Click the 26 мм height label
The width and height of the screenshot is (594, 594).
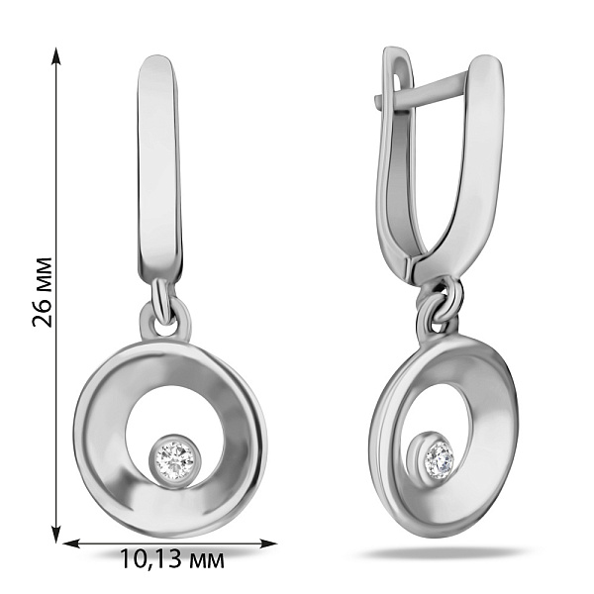[x=42, y=292]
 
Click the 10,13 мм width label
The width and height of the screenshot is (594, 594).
[x=172, y=559]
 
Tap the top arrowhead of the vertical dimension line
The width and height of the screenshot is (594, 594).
[x=56, y=55]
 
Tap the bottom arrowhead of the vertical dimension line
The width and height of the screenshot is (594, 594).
[x=56, y=534]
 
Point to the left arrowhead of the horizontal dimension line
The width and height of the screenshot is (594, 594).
[x=71, y=544]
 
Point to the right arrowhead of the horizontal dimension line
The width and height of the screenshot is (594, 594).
[x=268, y=544]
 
